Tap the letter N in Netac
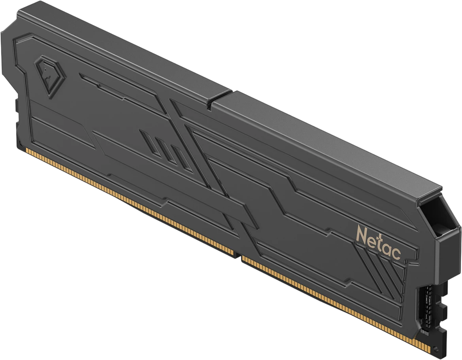[362, 233]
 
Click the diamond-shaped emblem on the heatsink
[47, 76]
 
